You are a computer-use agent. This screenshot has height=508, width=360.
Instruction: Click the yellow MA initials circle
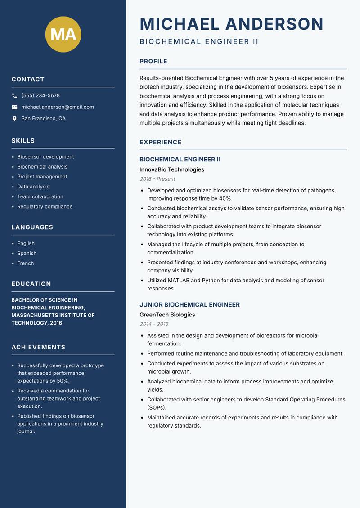(63, 34)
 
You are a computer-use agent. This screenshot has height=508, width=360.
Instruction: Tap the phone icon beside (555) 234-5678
(14, 96)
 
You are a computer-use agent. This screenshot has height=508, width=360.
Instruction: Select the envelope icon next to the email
(14, 107)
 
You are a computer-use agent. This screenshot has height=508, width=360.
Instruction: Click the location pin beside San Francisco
(14, 119)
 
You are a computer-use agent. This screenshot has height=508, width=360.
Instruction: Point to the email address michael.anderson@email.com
(58, 107)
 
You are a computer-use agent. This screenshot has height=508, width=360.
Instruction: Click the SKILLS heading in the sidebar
(23, 141)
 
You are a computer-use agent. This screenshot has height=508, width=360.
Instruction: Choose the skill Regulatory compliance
(45, 207)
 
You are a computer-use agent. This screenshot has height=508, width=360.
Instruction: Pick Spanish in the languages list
(27, 254)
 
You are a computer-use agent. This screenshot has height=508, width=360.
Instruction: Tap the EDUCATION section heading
(31, 284)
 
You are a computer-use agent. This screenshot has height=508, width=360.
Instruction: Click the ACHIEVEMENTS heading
(38, 348)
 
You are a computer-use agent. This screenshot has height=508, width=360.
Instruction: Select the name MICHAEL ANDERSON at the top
(231, 24)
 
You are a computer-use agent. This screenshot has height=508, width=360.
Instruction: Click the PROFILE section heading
(153, 62)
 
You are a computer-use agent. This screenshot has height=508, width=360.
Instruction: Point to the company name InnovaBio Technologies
(171, 170)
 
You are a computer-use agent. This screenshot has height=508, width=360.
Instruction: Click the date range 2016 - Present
(157, 179)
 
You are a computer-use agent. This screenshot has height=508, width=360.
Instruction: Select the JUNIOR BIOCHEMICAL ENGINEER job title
(189, 305)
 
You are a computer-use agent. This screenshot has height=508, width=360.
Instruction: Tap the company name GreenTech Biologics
(167, 315)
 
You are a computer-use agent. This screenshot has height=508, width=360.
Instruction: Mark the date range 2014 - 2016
(153, 324)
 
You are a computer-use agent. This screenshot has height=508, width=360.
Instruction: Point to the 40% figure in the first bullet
(225, 199)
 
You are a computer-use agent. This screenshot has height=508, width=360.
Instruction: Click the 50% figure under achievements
(63, 381)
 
